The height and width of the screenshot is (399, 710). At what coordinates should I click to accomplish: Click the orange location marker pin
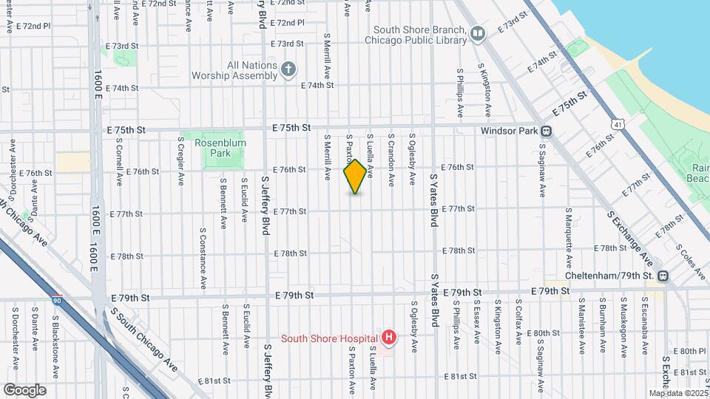click(x=355, y=177)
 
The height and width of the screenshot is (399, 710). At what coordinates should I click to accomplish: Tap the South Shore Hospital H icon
click(x=388, y=337)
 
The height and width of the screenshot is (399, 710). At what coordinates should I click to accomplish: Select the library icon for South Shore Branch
click(x=479, y=33)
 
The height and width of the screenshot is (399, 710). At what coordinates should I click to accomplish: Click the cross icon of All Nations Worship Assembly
click(x=288, y=69)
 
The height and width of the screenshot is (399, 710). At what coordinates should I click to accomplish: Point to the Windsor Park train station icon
click(x=547, y=132)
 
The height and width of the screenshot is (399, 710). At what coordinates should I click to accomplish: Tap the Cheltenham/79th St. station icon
click(x=663, y=276)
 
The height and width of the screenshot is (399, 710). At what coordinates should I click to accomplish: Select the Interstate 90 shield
click(x=57, y=299)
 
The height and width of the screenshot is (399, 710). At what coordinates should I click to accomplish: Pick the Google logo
click(x=25, y=389)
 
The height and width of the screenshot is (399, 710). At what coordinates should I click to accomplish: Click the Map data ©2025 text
click(x=677, y=393)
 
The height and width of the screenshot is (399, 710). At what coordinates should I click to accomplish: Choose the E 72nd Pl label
click(x=35, y=26)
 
